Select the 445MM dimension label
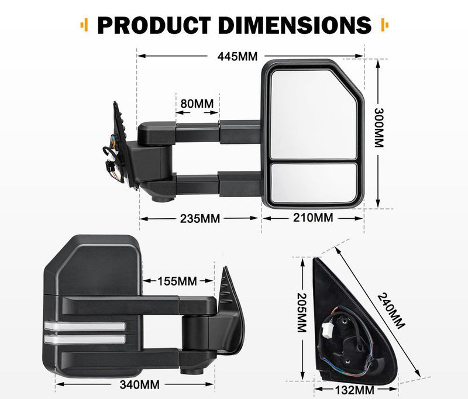pyautogui.click(x=237, y=57)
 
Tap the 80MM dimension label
pyautogui.click(x=197, y=104)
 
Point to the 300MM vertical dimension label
pyautogui.click(x=379, y=128)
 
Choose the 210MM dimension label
pyautogui.click(x=313, y=218)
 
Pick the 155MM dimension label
pyautogui.click(x=177, y=281)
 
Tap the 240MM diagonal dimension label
pyautogui.click(x=391, y=311)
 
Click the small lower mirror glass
pyautogui.click(x=315, y=183)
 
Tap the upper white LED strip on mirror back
pyautogui.click(x=84, y=326)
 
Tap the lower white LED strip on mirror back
pyautogui.click(x=84, y=339)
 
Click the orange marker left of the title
pyautogui.click(x=84, y=25)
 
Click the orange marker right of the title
pyautogui.click(x=384, y=25)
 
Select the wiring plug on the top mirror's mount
pyautogui.click(x=112, y=158)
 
